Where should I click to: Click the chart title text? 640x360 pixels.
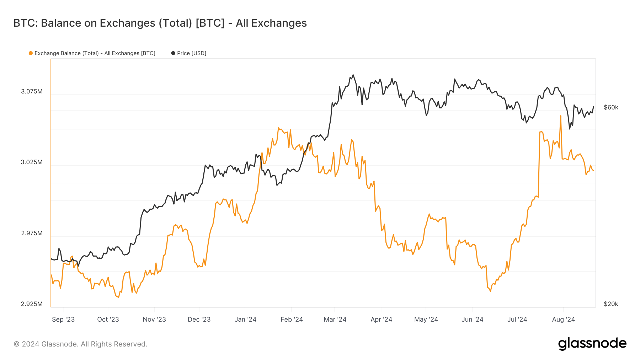[160, 23]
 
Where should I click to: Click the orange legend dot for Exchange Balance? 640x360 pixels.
[31, 53]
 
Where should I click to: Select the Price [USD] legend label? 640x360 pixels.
[191, 53]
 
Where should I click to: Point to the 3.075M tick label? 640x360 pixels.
[32, 91]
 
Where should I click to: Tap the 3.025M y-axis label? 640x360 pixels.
[32, 162]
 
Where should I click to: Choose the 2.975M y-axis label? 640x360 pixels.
[32, 233]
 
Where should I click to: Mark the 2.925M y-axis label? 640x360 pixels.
[32, 304]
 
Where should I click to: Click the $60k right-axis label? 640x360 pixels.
[611, 107]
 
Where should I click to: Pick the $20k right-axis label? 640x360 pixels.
[611, 304]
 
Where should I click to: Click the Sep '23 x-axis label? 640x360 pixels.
[63, 319]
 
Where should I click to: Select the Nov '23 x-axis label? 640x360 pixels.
[154, 319]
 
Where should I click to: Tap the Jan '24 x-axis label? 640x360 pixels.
[245, 319]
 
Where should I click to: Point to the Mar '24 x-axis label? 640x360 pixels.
[335, 319]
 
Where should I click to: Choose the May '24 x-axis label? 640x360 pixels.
[426, 319]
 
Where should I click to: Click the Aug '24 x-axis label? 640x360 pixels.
[564, 319]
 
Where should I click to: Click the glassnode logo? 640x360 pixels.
[592, 344]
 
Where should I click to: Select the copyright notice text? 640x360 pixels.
[80, 344]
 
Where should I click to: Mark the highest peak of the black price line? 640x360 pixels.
[353, 75]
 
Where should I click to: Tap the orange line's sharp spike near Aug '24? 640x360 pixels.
[561, 116]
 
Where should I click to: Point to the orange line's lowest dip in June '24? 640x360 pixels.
[491, 291]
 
